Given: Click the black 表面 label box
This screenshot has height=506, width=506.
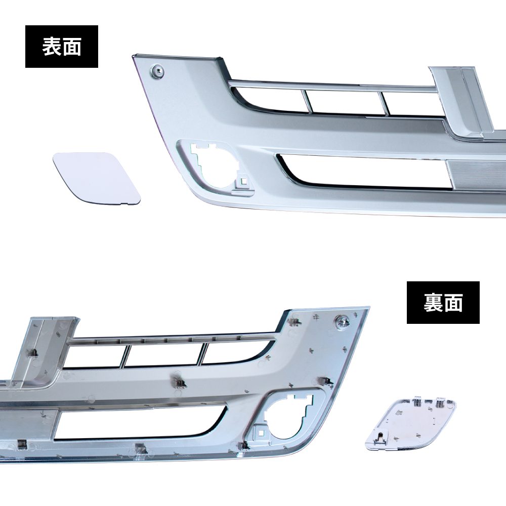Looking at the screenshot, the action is tap(62, 47).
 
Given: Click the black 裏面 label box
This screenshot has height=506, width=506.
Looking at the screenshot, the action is tap(443, 303).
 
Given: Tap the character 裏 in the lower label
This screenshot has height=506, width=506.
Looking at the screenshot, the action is tap(433, 303).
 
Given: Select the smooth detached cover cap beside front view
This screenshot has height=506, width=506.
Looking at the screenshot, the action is tap(97, 179).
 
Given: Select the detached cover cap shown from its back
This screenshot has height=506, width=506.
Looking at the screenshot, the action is tap(411, 425).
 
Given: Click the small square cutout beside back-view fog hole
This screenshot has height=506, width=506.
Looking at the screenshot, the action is tap(260, 432).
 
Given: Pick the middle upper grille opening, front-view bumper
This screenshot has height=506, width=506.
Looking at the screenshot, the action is tap(344, 102).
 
